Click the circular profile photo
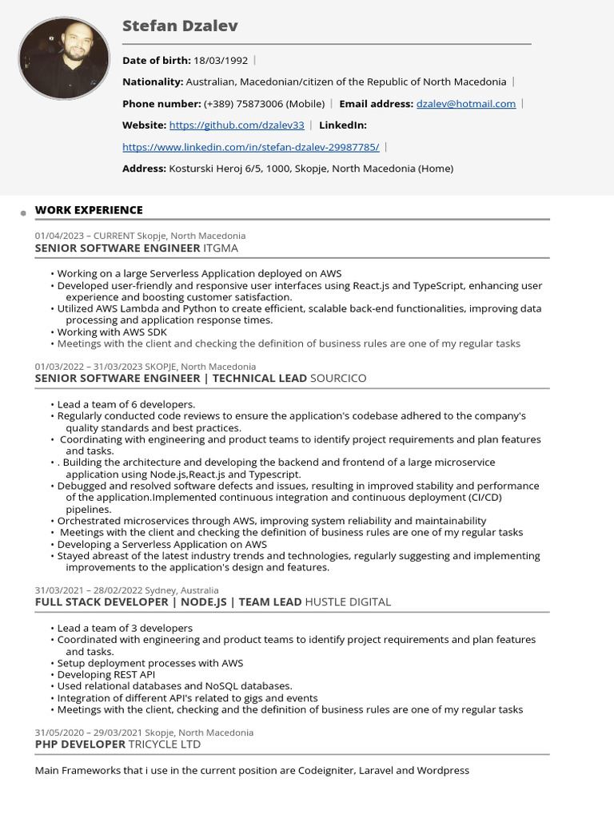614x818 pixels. point(64,58)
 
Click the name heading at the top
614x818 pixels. point(180,26)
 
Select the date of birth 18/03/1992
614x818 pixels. point(221,60)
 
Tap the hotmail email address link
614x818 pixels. point(466,104)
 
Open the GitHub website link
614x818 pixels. point(237,125)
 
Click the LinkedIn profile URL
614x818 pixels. point(250,147)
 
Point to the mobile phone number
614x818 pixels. point(265,104)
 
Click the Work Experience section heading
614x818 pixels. point(89,210)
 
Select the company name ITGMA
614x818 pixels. point(221,248)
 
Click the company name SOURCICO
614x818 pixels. point(338,378)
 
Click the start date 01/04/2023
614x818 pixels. point(58,236)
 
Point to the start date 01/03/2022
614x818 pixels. point(58,367)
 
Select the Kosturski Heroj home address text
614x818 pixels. point(310,169)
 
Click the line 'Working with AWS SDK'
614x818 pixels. point(112,332)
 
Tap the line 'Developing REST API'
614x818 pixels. point(106,674)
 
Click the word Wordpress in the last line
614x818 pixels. point(443,771)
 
